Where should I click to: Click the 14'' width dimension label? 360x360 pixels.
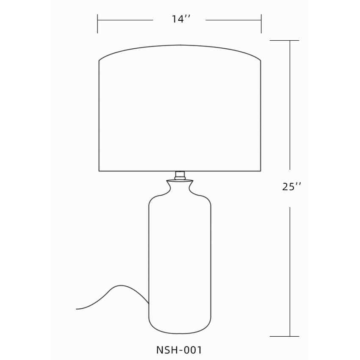tap(181, 19)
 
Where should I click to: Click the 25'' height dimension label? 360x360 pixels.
tap(291, 187)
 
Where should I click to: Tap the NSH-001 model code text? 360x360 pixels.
tap(179, 350)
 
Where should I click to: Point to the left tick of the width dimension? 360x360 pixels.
tap(97, 24)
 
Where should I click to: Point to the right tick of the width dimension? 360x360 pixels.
tap(261, 24)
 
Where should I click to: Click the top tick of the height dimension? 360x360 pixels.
tap(285, 41)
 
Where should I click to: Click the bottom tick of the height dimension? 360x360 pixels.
tap(285, 336)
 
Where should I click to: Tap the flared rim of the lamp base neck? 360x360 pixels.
tap(180, 181)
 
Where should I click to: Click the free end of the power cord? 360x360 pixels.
tap(77, 309)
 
